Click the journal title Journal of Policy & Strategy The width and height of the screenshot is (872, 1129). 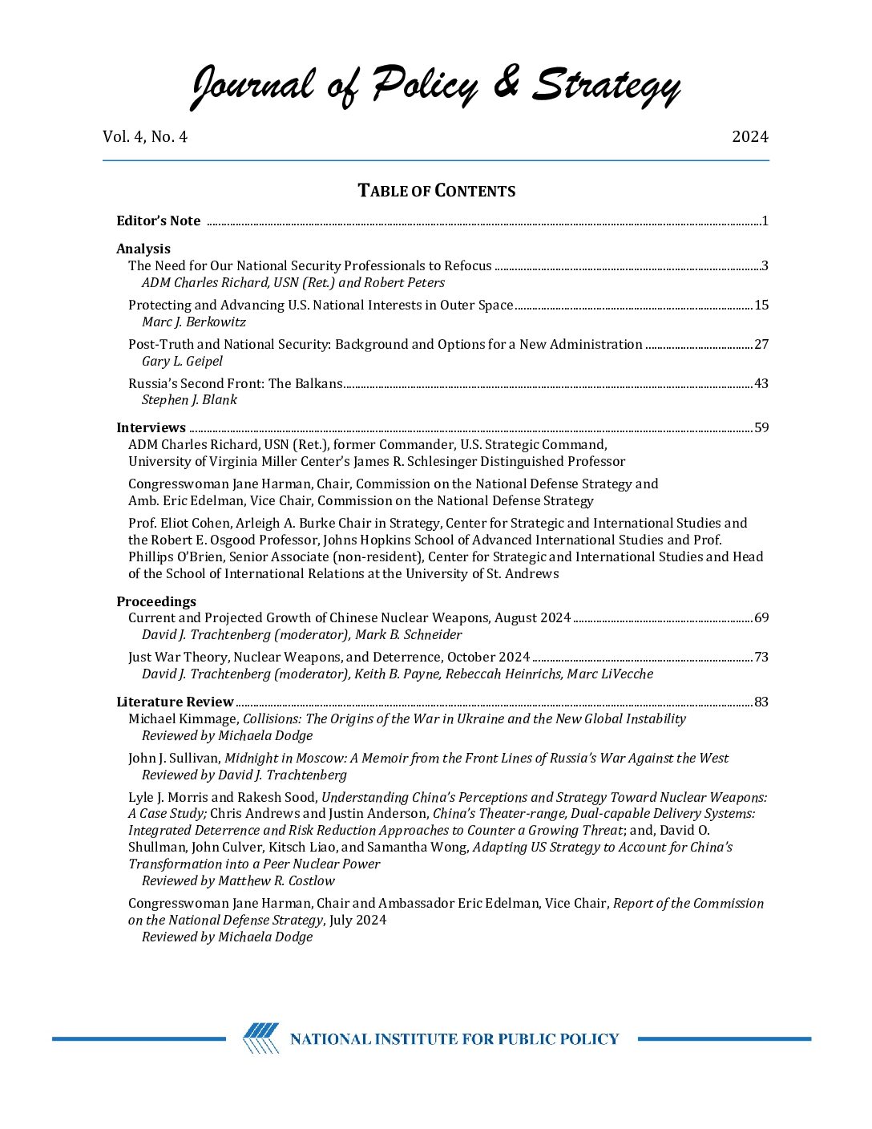435,84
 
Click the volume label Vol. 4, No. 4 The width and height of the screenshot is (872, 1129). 145,137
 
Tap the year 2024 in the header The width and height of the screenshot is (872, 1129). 749,137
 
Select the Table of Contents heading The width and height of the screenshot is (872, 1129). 436,191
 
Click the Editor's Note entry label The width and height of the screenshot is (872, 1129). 158,221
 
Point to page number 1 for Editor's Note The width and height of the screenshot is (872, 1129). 765,221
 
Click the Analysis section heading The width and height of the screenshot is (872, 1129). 143,249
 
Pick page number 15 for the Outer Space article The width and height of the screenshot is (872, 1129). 761,305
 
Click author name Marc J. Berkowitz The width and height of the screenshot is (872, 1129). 194,322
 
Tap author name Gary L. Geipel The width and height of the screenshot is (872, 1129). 182,361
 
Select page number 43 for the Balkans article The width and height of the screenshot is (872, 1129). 761,383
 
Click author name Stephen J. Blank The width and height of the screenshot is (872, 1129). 189,399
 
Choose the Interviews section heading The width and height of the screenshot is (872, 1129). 151,427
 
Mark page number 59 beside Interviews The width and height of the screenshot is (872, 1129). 761,427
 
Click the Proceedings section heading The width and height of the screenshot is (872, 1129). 156,601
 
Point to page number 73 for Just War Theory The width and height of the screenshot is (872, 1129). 761,657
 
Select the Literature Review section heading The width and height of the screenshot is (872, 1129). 175,702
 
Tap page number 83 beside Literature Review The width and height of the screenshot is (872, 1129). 761,702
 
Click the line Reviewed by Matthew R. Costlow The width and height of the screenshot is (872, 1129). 238,880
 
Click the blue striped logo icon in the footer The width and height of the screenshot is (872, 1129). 261,1038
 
